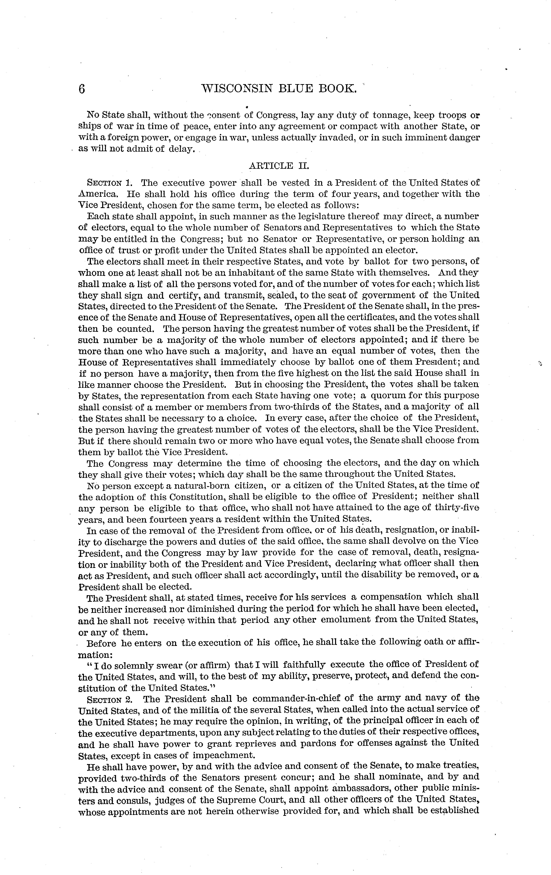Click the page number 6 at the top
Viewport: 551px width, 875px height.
tap(82, 88)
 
